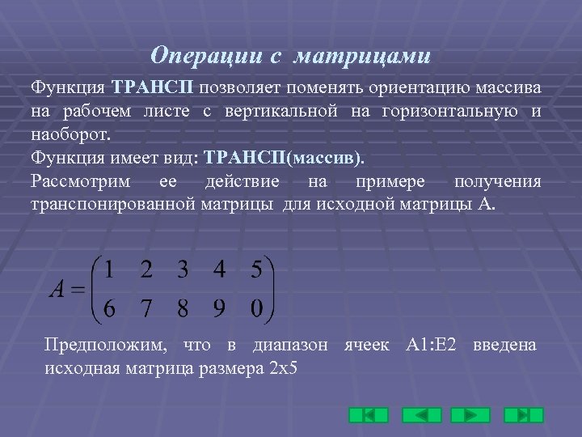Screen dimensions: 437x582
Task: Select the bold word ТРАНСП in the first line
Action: click(153, 87)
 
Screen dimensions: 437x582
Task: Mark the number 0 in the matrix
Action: click(256, 308)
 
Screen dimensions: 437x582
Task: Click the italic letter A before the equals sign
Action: click(57, 290)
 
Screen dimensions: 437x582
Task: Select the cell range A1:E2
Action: click(431, 346)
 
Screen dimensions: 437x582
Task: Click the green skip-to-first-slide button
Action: click(368, 415)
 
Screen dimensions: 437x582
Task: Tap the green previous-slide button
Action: click(419, 415)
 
